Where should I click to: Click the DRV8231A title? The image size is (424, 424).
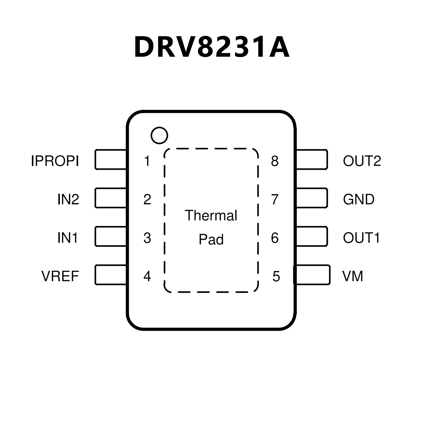coord(212,47)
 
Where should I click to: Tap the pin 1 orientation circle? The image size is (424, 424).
coord(159,135)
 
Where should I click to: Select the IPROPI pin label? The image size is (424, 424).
coord(55,161)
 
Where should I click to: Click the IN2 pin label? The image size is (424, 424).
coord(68,199)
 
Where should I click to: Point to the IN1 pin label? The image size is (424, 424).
coord(68,238)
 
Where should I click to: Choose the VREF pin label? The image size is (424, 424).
coord(60,276)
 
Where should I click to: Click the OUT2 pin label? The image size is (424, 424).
coord(362,161)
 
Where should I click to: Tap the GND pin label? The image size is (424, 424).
coord(359,199)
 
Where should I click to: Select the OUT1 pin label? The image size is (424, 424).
coord(361,238)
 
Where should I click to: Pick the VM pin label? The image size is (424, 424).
coord(352,276)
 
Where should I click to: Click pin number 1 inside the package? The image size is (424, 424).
coord(147,161)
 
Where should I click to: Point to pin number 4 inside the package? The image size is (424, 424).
coord(147,276)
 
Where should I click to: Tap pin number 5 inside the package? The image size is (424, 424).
coord(276,276)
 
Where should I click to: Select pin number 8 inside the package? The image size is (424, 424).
coord(275,161)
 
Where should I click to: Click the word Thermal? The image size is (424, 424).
coord(211,215)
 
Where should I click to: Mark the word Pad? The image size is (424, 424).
coord(211,239)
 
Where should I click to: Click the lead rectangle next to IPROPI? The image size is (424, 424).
coord(110,159)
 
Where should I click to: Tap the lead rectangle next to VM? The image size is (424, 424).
coord(312,275)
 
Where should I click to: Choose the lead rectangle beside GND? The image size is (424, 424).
coord(312,198)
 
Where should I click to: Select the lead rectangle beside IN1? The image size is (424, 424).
coord(110,236)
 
